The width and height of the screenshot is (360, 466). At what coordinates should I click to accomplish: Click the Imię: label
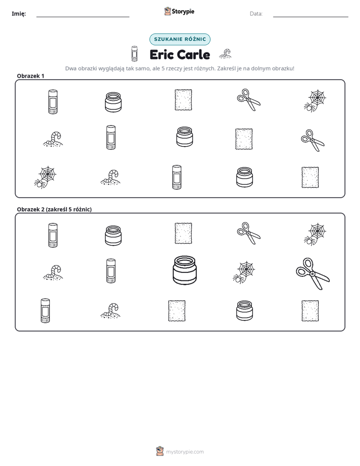tap(19, 14)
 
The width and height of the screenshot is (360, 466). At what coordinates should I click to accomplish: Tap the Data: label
tap(256, 14)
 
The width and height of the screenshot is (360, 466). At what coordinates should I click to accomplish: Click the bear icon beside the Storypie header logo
tap(167, 11)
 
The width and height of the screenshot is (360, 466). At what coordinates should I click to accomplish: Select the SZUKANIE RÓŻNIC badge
tap(180, 39)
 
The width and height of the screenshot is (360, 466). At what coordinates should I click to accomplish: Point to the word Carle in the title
tap(194, 54)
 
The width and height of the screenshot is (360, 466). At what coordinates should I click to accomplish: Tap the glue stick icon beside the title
tap(135, 53)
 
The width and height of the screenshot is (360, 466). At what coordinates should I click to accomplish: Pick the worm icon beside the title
tap(225, 53)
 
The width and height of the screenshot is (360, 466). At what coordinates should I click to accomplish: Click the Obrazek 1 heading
tap(31, 76)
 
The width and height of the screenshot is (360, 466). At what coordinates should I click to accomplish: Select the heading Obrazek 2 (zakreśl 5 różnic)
tap(54, 209)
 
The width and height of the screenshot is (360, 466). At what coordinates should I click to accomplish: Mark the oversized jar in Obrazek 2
tap(185, 270)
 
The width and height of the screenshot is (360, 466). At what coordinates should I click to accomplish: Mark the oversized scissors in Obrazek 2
tap(313, 274)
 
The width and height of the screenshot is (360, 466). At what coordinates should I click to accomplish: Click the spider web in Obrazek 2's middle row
tap(244, 272)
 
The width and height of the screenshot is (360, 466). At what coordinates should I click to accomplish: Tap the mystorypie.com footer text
tap(185, 452)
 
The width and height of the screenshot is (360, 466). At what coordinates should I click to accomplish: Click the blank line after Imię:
tap(83, 17)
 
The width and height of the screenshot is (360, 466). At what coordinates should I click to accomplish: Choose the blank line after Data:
tap(311, 17)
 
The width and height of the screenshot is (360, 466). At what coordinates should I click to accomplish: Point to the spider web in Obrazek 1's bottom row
tap(45, 178)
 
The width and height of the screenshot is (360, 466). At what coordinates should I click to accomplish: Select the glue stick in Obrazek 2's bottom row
tap(45, 311)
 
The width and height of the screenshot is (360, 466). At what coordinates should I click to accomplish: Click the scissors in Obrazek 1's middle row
tap(313, 140)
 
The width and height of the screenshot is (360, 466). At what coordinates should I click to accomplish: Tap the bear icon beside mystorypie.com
tap(160, 451)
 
